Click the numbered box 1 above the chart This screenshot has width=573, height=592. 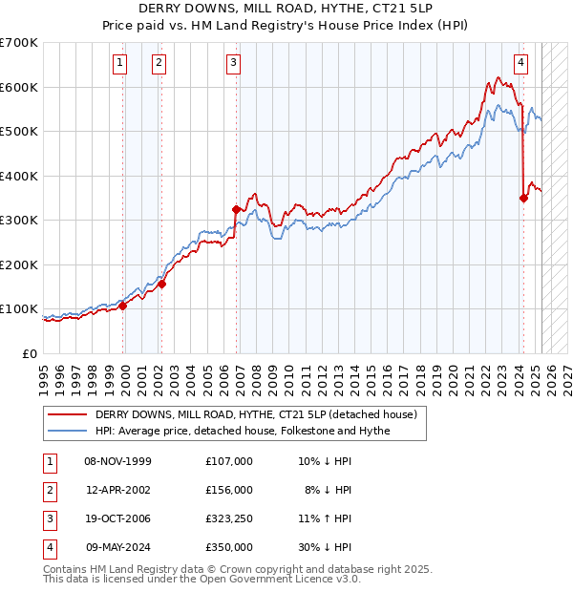(120, 64)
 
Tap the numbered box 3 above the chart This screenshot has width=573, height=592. (234, 64)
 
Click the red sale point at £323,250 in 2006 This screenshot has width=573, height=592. (236, 209)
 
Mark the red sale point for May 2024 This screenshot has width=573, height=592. (523, 199)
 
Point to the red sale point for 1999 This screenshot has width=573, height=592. (122, 307)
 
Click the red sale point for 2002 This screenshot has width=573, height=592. (162, 284)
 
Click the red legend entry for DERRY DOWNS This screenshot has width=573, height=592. (256, 415)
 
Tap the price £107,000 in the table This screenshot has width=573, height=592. (229, 461)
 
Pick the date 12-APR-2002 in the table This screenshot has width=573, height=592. (118, 490)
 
